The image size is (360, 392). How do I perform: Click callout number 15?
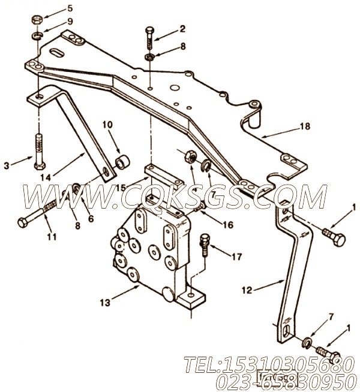coord(121,188)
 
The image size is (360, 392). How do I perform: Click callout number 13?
coord(106,302)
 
